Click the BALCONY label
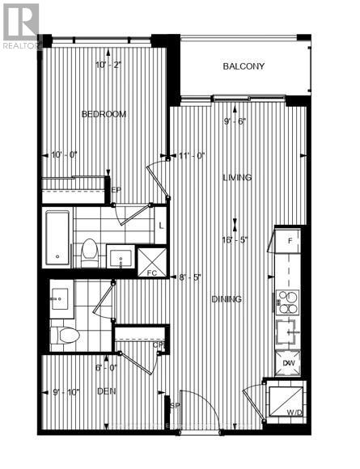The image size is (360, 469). tap(244, 67)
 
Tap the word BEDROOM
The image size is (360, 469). tap(104, 115)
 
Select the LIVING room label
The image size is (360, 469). tap(237, 177)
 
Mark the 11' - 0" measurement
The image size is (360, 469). tap(193, 154)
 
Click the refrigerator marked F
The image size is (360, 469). tap(289, 240)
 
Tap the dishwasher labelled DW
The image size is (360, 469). tap(289, 362)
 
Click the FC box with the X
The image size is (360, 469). tap(151, 260)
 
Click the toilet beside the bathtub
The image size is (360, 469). tap(89, 252)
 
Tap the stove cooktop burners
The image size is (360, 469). tap(289, 302)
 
